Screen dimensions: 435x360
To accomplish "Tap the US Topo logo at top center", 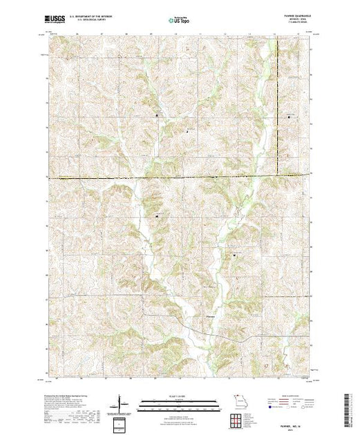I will point(180,20).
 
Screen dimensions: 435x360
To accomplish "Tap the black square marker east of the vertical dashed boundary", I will point(289,118).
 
